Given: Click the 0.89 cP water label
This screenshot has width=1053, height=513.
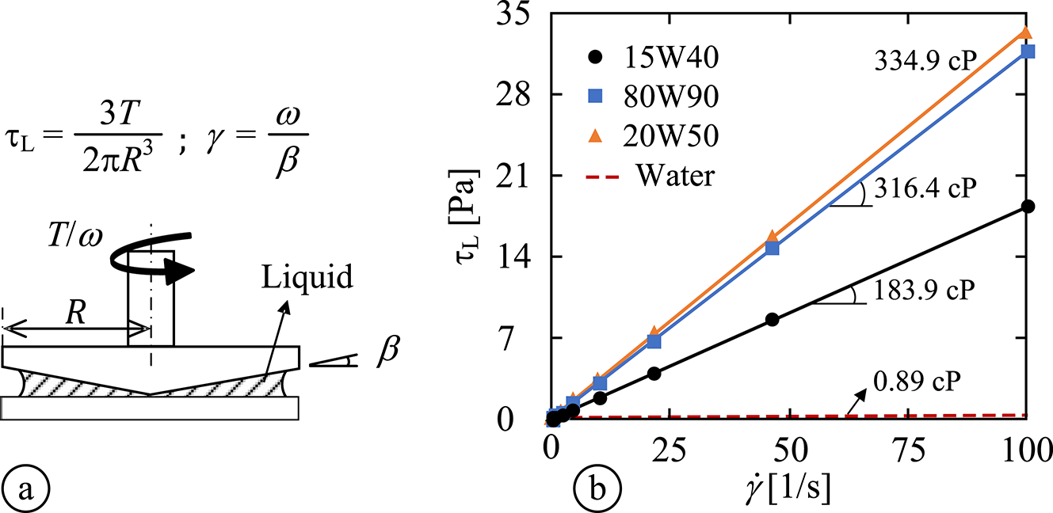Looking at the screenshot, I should point(918,378).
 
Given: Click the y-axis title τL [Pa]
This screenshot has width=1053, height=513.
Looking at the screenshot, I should point(476,215).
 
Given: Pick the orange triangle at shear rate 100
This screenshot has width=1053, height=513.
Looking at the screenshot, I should point(1025,32).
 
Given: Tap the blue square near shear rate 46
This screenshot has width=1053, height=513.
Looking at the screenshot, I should point(773,248).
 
